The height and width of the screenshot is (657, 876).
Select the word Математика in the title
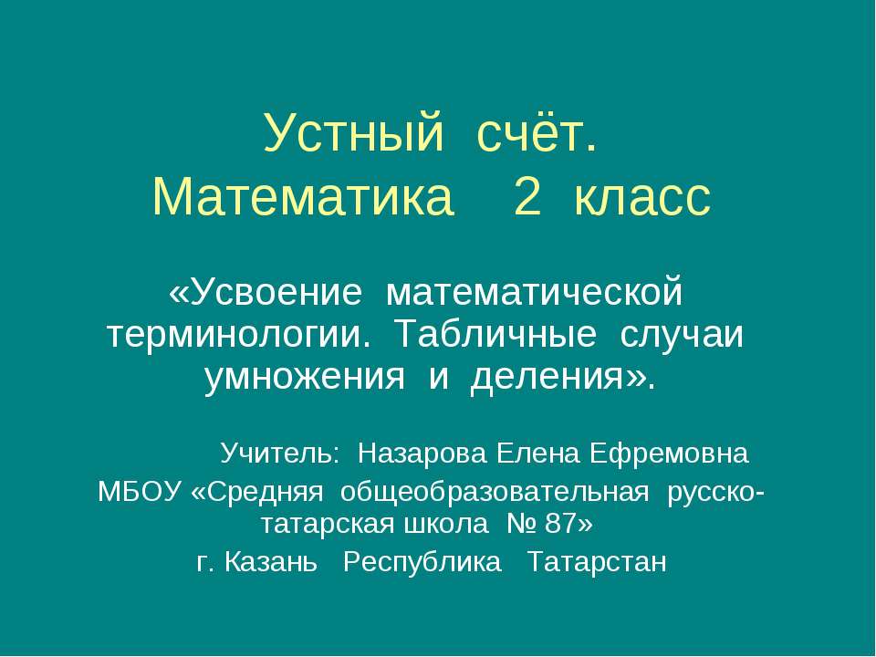(x=304, y=198)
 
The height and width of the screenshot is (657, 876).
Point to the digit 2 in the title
(x=527, y=198)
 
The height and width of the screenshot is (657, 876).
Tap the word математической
(x=536, y=294)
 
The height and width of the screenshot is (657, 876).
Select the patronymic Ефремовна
(x=669, y=453)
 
